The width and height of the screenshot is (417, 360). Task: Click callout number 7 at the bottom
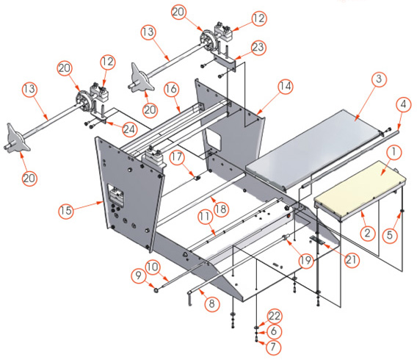pyautogui.click(x=274, y=345)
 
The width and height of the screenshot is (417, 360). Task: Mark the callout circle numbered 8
pyautogui.click(x=211, y=301)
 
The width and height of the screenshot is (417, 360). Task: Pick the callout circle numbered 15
pyautogui.click(x=65, y=210)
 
